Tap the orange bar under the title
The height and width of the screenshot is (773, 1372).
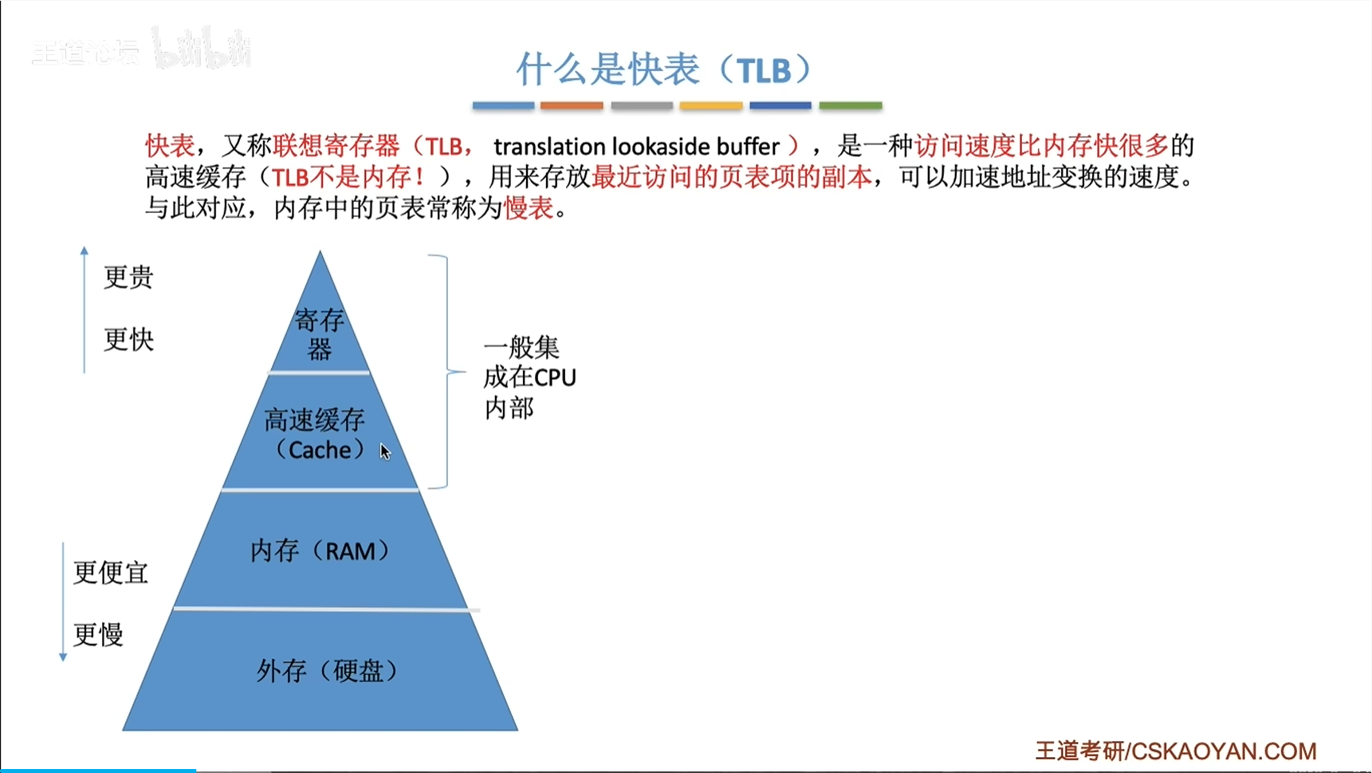(x=571, y=105)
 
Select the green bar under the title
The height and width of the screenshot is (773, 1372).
(x=851, y=105)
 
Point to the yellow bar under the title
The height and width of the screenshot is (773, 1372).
(x=711, y=105)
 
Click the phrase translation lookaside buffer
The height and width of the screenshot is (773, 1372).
(x=636, y=147)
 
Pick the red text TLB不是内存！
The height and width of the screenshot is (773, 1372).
(x=348, y=177)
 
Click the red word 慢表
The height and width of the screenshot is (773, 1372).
(x=529, y=208)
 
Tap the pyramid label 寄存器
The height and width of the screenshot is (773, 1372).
(x=320, y=335)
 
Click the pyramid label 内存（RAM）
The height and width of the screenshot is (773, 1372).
(x=320, y=550)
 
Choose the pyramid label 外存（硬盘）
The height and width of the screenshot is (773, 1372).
(x=327, y=671)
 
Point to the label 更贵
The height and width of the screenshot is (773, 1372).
(x=128, y=278)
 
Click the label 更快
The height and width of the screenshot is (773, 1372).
(x=128, y=340)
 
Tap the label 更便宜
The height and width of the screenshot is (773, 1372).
(x=111, y=573)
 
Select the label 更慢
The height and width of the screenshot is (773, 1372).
(x=98, y=635)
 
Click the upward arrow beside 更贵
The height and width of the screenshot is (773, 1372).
(x=85, y=310)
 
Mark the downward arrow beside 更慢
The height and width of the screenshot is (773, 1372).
(x=63, y=602)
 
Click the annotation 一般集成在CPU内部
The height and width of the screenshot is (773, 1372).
(x=529, y=377)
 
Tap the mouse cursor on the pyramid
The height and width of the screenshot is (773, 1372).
(x=385, y=452)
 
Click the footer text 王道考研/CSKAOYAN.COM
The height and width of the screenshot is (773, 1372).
(x=1176, y=751)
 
